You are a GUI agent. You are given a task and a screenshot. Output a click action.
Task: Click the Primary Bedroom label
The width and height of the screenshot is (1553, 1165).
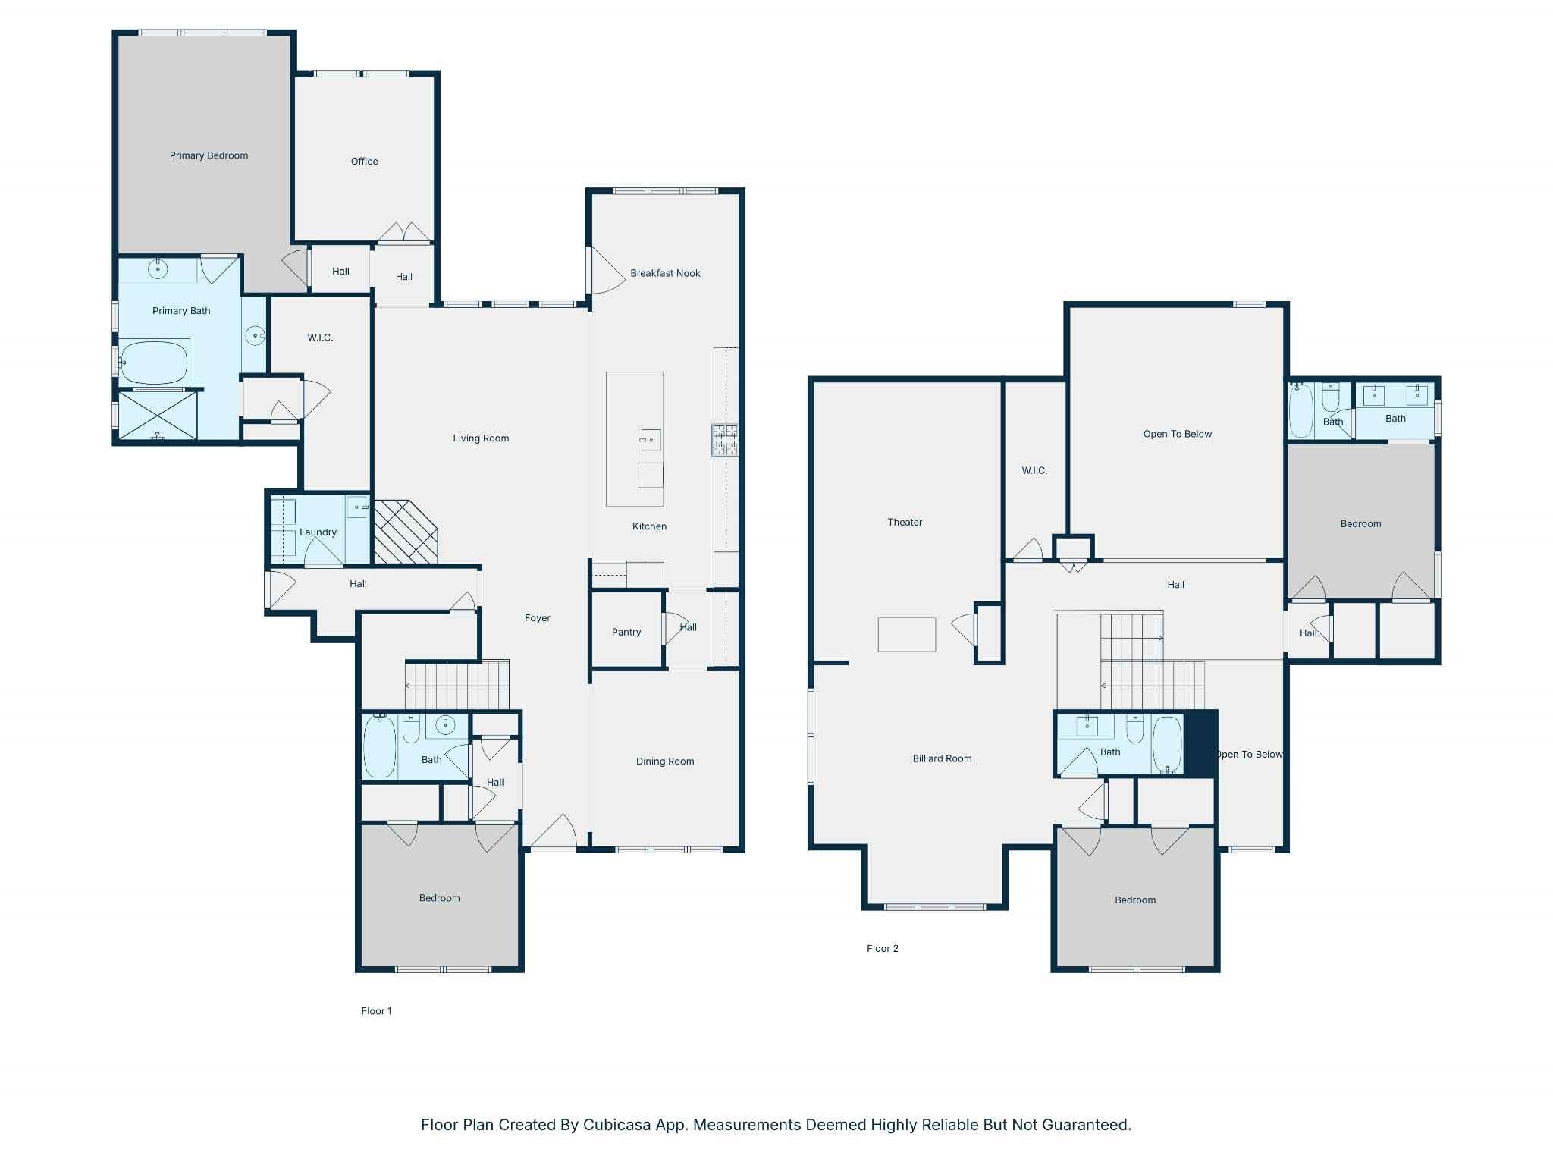coord(209,155)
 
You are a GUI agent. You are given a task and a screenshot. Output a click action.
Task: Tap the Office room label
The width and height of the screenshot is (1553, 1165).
coord(364,161)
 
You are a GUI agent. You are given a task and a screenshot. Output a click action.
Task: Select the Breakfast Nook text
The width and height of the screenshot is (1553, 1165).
coord(665,273)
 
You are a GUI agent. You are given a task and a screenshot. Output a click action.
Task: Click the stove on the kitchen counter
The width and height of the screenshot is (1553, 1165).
coord(725,440)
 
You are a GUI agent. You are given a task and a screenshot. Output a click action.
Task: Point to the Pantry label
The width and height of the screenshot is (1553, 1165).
coord(626,632)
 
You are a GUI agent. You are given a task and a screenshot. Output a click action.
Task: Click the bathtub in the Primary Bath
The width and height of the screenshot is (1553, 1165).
coord(154,363)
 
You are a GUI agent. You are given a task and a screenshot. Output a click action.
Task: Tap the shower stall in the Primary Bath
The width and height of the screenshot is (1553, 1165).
coord(158,415)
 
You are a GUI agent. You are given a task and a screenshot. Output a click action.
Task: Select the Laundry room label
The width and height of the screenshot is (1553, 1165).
coord(318,532)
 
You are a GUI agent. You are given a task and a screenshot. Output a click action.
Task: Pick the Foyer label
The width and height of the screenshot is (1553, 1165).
coord(538,618)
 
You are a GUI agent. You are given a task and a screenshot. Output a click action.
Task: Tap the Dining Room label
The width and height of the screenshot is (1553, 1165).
coord(665,761)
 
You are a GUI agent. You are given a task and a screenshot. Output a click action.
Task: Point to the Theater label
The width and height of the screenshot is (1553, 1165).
coord(905,522)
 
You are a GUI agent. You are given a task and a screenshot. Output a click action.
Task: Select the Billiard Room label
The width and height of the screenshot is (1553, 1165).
coord(942,758)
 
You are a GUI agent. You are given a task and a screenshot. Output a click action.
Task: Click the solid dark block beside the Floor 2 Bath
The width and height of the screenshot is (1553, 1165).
coord(1200,744)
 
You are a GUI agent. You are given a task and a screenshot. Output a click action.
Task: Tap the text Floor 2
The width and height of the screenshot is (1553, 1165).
coord(883,948)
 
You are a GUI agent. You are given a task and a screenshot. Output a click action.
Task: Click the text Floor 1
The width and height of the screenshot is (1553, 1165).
coord(376,1011)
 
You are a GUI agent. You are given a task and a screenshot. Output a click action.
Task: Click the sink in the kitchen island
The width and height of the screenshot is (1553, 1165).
coord(651,440)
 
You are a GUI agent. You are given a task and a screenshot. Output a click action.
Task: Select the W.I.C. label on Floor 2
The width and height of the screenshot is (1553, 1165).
coord(1034,470)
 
